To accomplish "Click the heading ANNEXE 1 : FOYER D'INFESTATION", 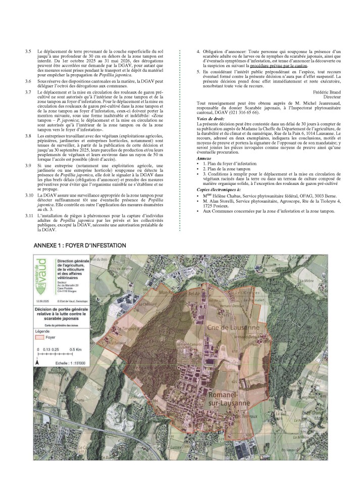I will pos(79,245).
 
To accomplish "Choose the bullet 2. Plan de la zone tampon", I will pos(226,168).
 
